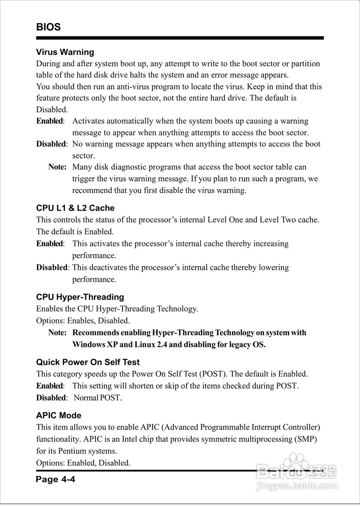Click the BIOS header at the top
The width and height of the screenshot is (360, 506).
tap(48, 27)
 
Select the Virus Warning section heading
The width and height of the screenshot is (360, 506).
tap(65, 52)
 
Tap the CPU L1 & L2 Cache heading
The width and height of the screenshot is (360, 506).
tap(75, 208)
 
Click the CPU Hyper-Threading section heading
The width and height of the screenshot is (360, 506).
tap(80, 297)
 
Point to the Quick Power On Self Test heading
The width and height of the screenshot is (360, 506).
tap(88, 362)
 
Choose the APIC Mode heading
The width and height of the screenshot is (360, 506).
tap(58, 415)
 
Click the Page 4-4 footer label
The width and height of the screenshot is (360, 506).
tap(56, 480)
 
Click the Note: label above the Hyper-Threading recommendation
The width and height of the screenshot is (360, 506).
tap(57, 332)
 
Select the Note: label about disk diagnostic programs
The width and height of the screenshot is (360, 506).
tap(57, 167)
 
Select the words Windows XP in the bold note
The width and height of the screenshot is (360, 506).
tap(95, 344)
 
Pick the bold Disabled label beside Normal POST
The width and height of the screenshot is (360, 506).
tap(51, 398)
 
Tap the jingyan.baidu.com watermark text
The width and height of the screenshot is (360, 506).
tap(296, 485)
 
